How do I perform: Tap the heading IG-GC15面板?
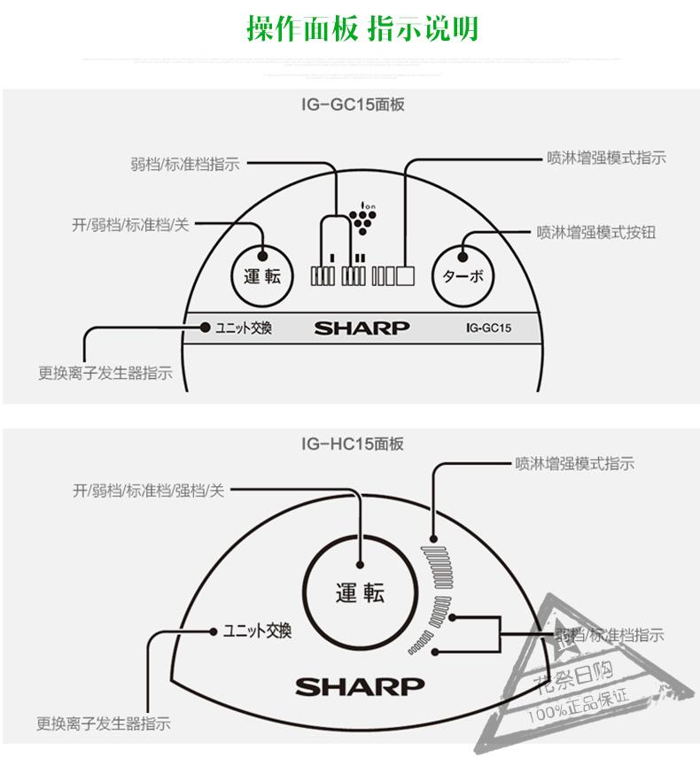352,104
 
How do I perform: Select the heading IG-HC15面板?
352,443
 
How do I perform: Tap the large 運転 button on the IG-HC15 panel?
361,592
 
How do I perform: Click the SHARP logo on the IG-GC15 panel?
362,328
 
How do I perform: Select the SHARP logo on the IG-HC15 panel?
360,686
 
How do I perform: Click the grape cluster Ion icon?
362,216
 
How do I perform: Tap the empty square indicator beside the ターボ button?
406,275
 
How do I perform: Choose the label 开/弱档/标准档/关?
130,225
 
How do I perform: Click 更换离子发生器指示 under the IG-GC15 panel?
105,374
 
